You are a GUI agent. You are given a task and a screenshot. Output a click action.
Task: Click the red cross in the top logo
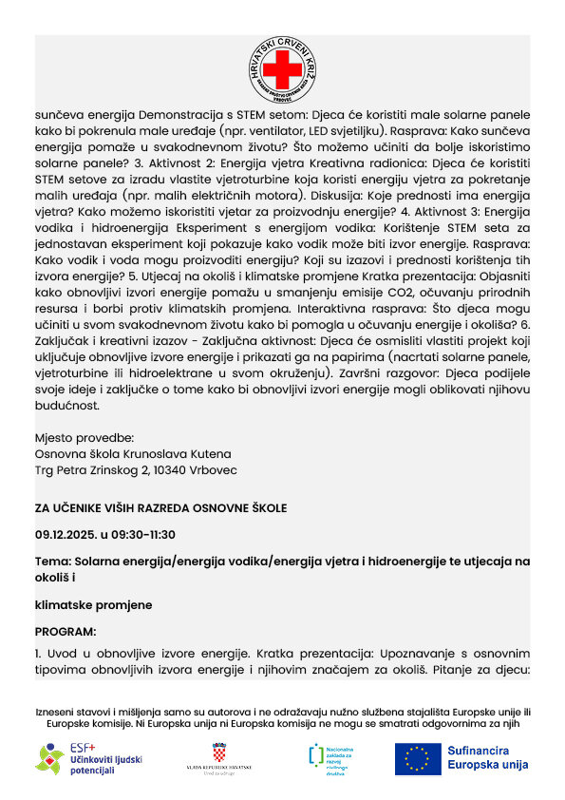[x=282, y=69]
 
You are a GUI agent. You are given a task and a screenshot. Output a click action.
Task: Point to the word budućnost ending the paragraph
[x=66, y=405]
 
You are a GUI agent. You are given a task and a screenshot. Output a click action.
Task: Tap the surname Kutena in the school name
[x=208, y=454]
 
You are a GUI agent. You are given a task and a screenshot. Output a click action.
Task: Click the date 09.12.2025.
[x=67, y=534]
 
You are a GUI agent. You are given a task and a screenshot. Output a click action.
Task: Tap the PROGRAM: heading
[x=66, y=631]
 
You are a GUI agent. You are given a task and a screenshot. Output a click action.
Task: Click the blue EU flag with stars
[x=418, y=758]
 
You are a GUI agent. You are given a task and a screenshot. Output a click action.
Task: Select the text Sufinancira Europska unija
[x=487, y=758]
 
